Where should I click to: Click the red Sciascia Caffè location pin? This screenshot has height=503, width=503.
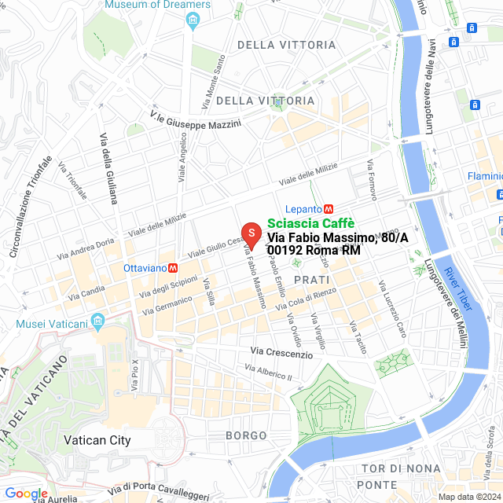(x=251, y=234)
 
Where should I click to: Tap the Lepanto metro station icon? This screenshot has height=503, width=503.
(x=329, y=209)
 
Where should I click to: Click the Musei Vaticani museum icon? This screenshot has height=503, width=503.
(x=97, y=321)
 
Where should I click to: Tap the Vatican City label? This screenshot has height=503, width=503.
(x=97, y=440)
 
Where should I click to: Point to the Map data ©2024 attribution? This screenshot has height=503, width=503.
(x=468, y=497)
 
